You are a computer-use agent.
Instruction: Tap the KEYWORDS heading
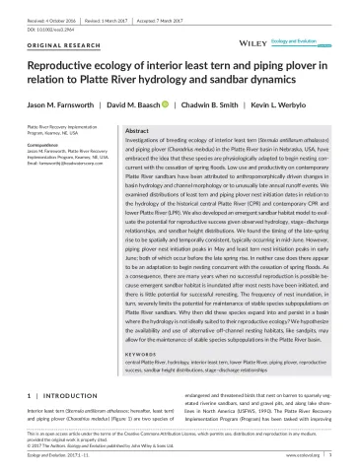pos(150,348)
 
